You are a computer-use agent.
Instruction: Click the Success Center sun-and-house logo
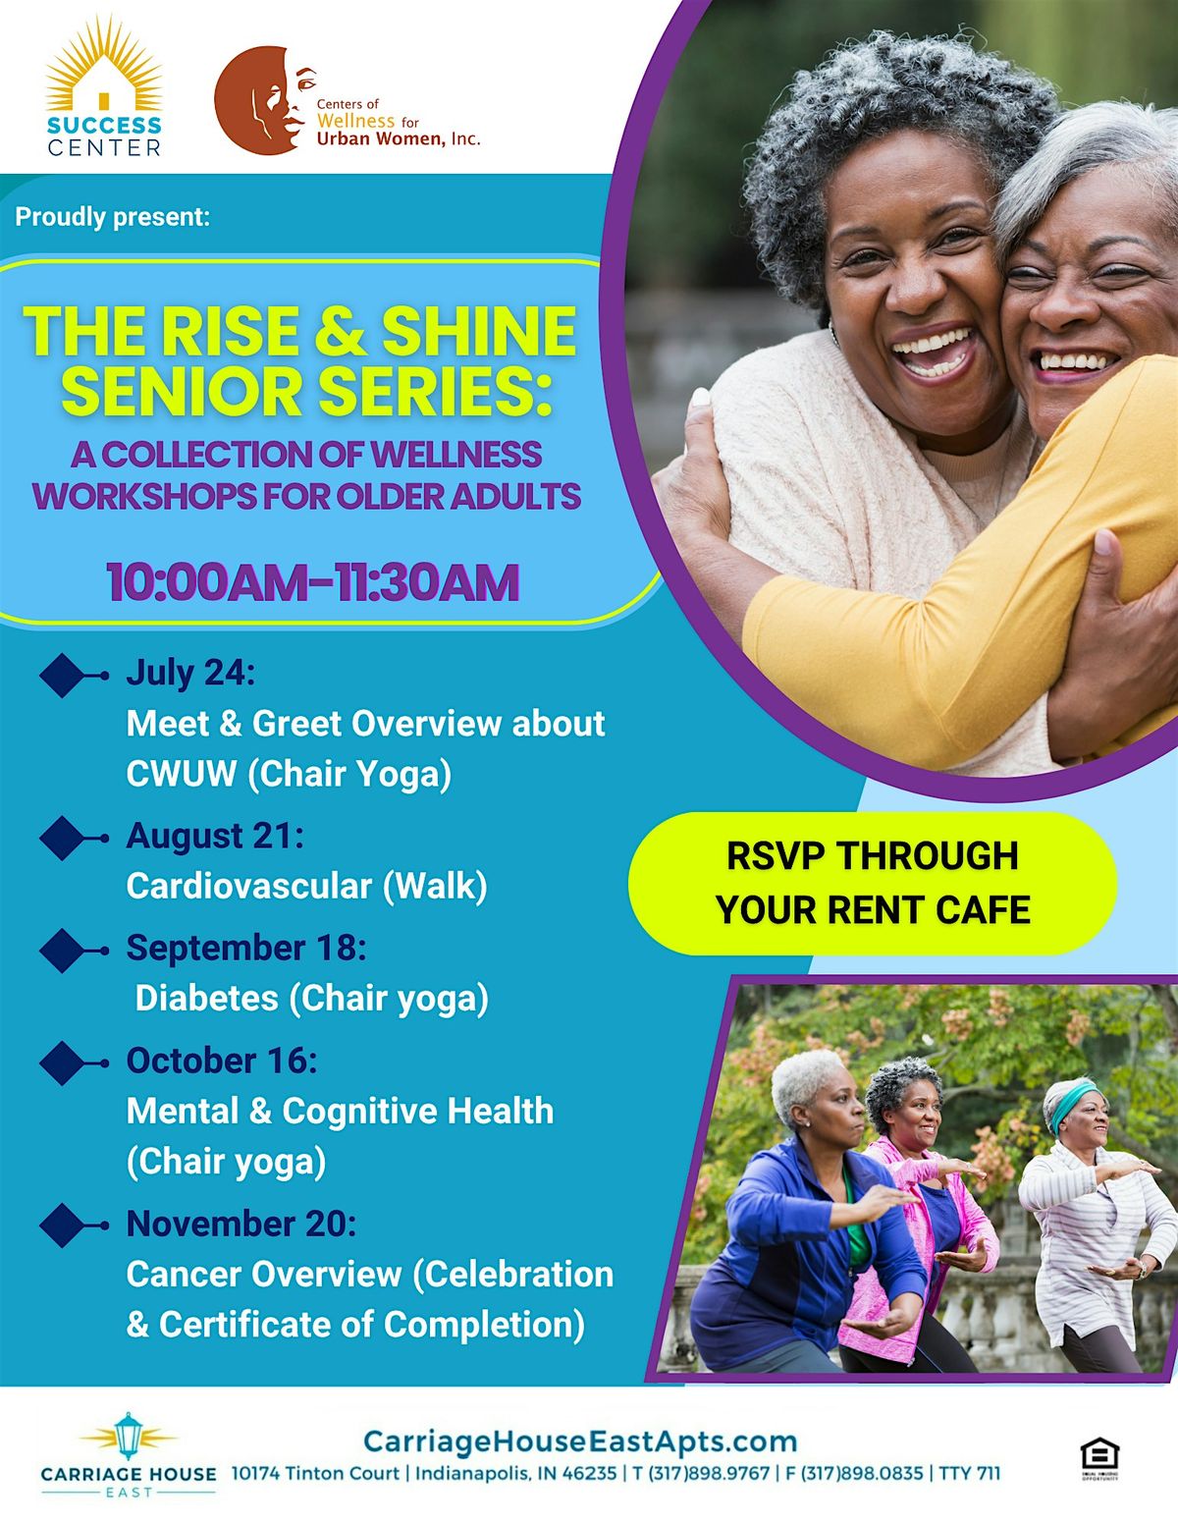[x=104, y=86]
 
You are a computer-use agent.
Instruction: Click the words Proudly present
[x=112, y=217]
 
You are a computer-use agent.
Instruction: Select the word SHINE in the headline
[x=479, y=331]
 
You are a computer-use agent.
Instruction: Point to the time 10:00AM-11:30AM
[x=313, y=581]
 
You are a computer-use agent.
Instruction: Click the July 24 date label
[x=190, y=673]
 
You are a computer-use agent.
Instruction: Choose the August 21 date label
[x=215, y=835]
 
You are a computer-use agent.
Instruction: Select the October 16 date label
[x=222, y=1060]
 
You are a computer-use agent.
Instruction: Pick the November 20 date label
[x=241, y=1224]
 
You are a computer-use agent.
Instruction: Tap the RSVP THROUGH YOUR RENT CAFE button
[x=872, y=883]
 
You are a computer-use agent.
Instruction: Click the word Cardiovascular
[x=248, y=886]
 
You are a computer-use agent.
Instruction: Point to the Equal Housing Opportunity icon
[x=1099, y=1460]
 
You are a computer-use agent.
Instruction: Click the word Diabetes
[x=206, y=998]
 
